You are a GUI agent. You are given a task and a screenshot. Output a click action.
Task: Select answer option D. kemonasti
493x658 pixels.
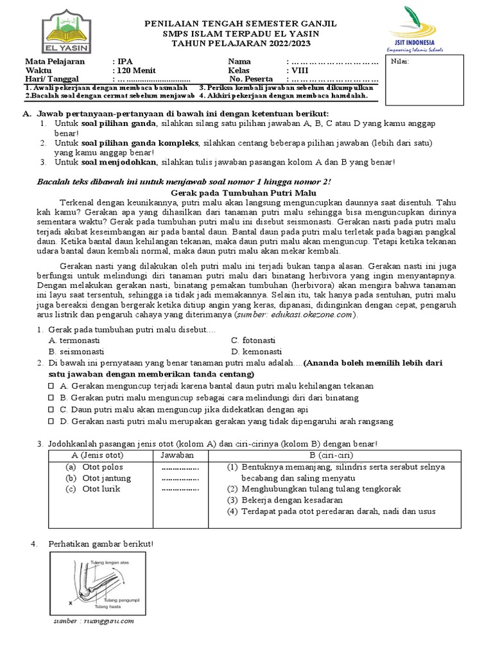click(x=257, y=352)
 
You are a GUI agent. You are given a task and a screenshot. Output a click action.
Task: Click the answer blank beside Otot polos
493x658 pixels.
click(x=180, y=468)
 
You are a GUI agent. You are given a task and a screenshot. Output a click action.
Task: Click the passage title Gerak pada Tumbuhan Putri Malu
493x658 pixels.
click(x=246, y=193)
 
